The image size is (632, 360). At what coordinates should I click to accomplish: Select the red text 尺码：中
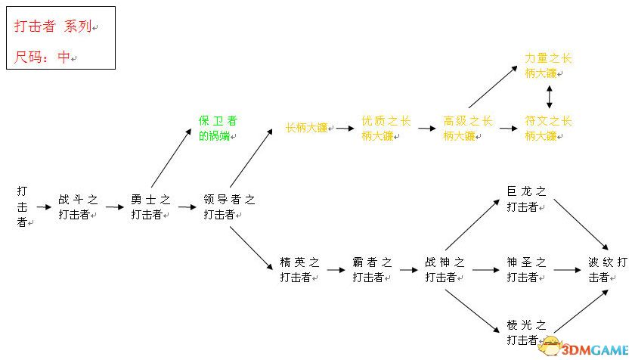click(45, 57)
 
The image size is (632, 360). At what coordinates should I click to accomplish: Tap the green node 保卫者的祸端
click(217, 128)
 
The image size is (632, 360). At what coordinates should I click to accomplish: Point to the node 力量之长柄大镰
click(548, 65)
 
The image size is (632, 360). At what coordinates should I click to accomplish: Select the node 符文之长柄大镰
click(548, 128)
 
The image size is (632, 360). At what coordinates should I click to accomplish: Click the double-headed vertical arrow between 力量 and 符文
click(550, 96)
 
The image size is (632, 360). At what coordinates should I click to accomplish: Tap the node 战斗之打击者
click(78, 206)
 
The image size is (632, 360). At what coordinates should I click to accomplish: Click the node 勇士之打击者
click(150, 206)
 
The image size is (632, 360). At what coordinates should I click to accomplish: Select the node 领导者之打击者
click(228, 206)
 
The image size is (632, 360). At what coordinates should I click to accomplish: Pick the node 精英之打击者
click(299, 269)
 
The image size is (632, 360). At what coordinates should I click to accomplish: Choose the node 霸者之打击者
click(372, 269)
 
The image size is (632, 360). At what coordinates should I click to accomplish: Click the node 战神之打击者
click(445, 269)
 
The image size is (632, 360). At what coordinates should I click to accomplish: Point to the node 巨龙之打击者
click(526, 198)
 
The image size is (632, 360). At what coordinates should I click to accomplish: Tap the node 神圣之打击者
click(526, 269)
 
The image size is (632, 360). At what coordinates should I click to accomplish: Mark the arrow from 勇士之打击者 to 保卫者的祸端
click(171, 157)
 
